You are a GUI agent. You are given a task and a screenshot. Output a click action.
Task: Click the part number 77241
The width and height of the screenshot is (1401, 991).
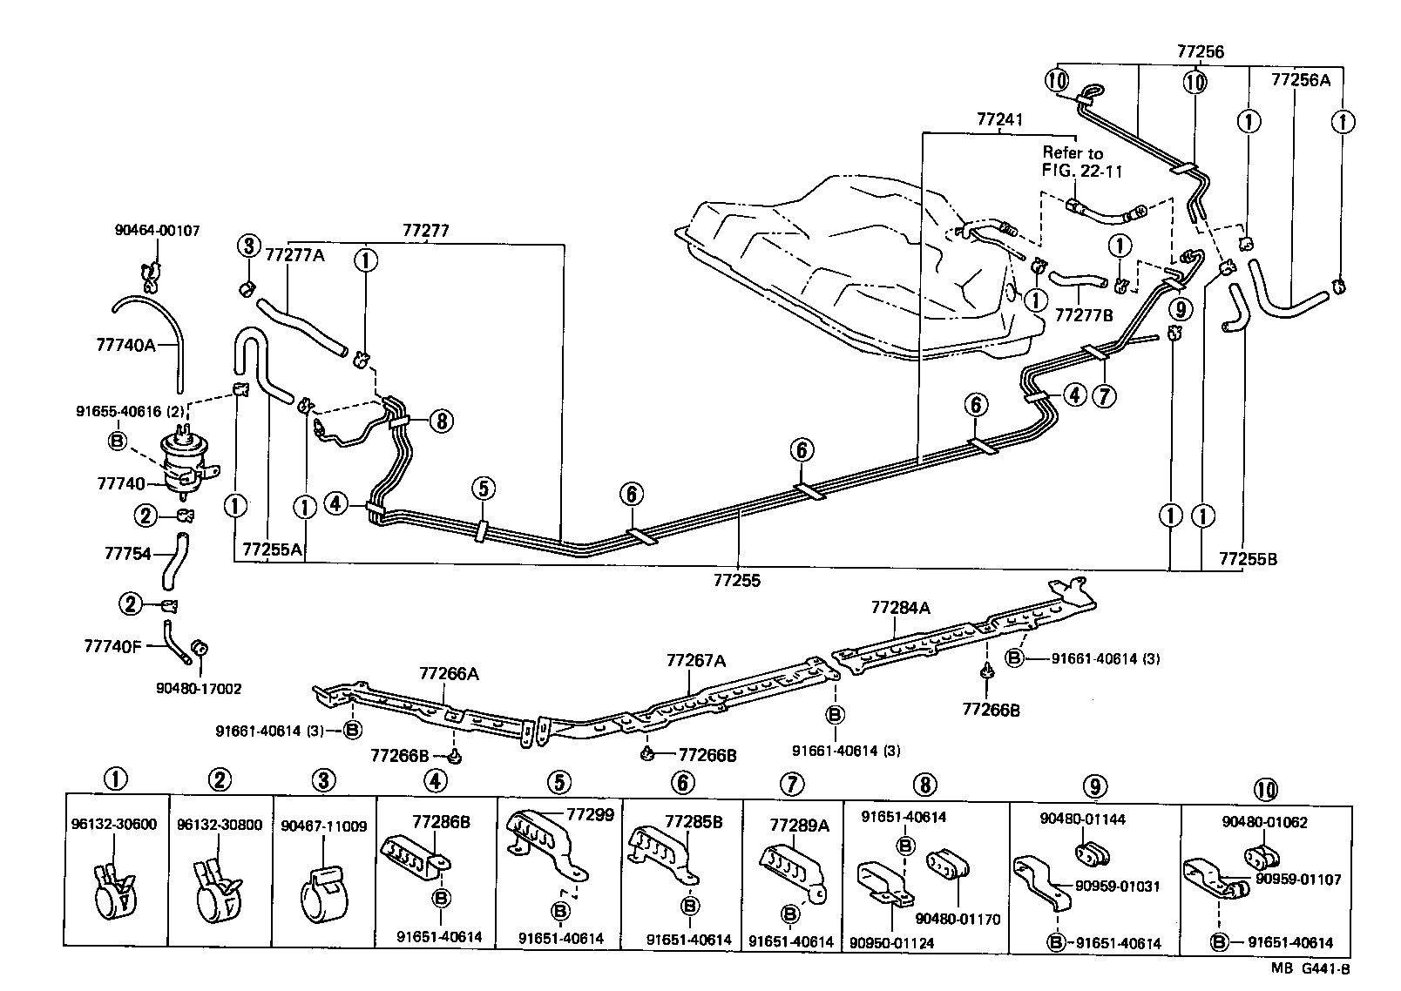[x=1000, y=118]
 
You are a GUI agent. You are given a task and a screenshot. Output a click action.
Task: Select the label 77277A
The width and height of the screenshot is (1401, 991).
[x=294, y=254]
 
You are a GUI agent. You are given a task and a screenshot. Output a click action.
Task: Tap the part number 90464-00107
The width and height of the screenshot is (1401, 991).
[x=157, y=231]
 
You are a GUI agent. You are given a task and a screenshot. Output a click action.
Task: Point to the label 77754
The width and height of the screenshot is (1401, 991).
[x=127, y=554]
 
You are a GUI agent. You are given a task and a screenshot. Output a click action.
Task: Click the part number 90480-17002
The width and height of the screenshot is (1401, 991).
[x=199, y=688]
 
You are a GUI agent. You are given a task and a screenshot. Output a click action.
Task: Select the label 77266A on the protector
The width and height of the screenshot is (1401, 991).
[x=448, y=673]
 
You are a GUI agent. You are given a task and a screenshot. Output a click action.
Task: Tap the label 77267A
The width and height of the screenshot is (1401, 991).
[x=695, y=661]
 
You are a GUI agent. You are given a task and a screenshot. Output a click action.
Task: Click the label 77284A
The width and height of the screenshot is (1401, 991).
[x=900, y=608]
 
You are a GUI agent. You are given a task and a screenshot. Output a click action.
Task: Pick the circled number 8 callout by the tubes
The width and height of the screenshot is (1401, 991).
[x=442, y=421]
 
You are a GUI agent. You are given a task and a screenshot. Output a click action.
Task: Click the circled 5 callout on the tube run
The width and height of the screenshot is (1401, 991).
[x=485, y=488]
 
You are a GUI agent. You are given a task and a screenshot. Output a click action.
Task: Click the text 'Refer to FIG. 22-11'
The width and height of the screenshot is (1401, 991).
[x=1082, y=162]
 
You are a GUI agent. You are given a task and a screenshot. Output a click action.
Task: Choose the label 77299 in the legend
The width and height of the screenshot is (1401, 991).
[x=590, y=815]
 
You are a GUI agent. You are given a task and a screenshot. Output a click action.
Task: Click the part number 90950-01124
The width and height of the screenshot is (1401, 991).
[x=890, y=942]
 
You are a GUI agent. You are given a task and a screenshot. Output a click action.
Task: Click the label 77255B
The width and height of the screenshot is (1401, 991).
[x=1247, y=559]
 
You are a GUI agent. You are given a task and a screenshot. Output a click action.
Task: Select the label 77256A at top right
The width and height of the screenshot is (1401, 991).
[x=1301, y=79]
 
